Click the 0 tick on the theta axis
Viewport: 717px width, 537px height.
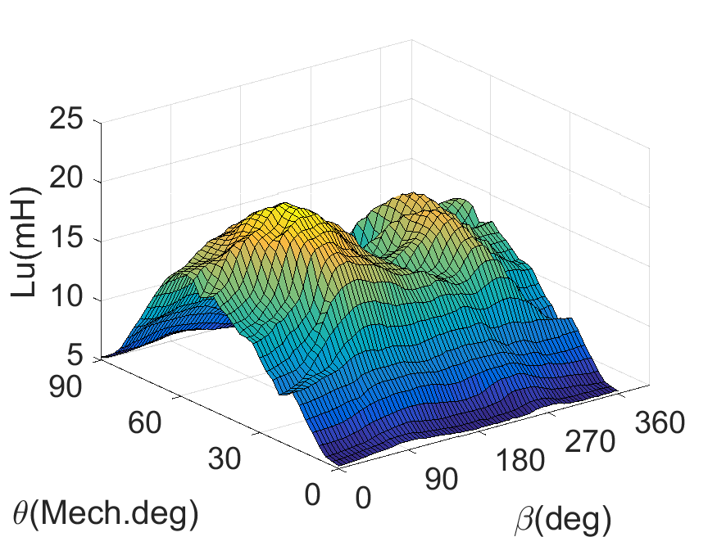(313, 494)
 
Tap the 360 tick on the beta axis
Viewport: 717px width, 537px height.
(654, 424)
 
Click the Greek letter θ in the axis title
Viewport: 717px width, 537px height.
(22, 513)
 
